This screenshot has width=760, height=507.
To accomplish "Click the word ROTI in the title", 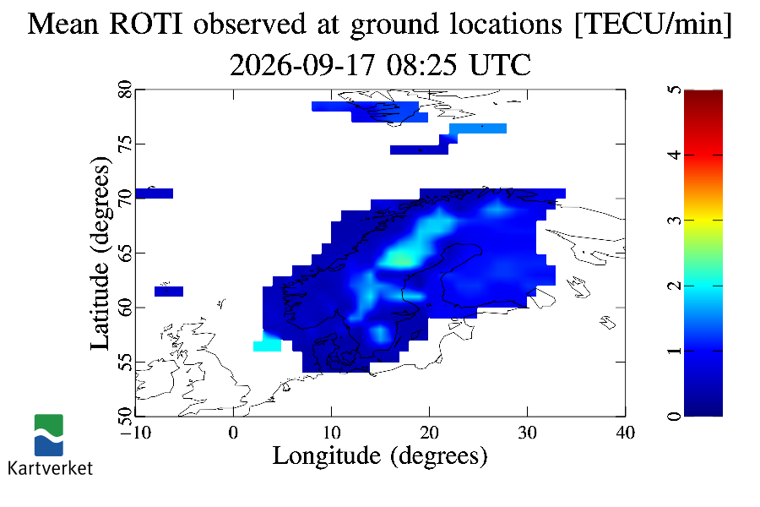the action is point(146,24).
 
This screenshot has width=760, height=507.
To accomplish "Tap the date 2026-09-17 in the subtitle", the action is point(302,65).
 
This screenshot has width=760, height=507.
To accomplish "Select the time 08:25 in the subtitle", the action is point(421,65).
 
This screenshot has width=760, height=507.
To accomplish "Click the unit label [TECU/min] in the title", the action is point(653,24).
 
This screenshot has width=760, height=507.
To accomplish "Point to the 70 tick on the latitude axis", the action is point(125,199).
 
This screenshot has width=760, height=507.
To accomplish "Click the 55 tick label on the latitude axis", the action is point(125,362).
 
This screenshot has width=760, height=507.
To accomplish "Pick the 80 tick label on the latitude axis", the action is point(125,90).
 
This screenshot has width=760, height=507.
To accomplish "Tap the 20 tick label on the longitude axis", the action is point(430,433).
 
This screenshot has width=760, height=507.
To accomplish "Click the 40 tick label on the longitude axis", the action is point(625,433).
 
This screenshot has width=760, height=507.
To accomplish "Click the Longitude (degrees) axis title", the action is point(380,456).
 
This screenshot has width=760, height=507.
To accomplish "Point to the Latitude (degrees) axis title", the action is point(100,253).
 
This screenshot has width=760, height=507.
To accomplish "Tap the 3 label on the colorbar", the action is point(675,221).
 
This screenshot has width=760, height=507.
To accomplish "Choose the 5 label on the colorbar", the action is point(675,90).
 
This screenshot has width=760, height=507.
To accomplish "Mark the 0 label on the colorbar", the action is point(675,416).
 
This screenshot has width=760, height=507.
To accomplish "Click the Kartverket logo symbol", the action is point(49,435).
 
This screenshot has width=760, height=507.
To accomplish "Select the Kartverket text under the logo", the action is point(51,467).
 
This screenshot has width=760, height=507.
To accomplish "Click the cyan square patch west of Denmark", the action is point(267,346).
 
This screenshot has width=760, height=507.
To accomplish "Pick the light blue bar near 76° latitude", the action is point(478,128).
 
